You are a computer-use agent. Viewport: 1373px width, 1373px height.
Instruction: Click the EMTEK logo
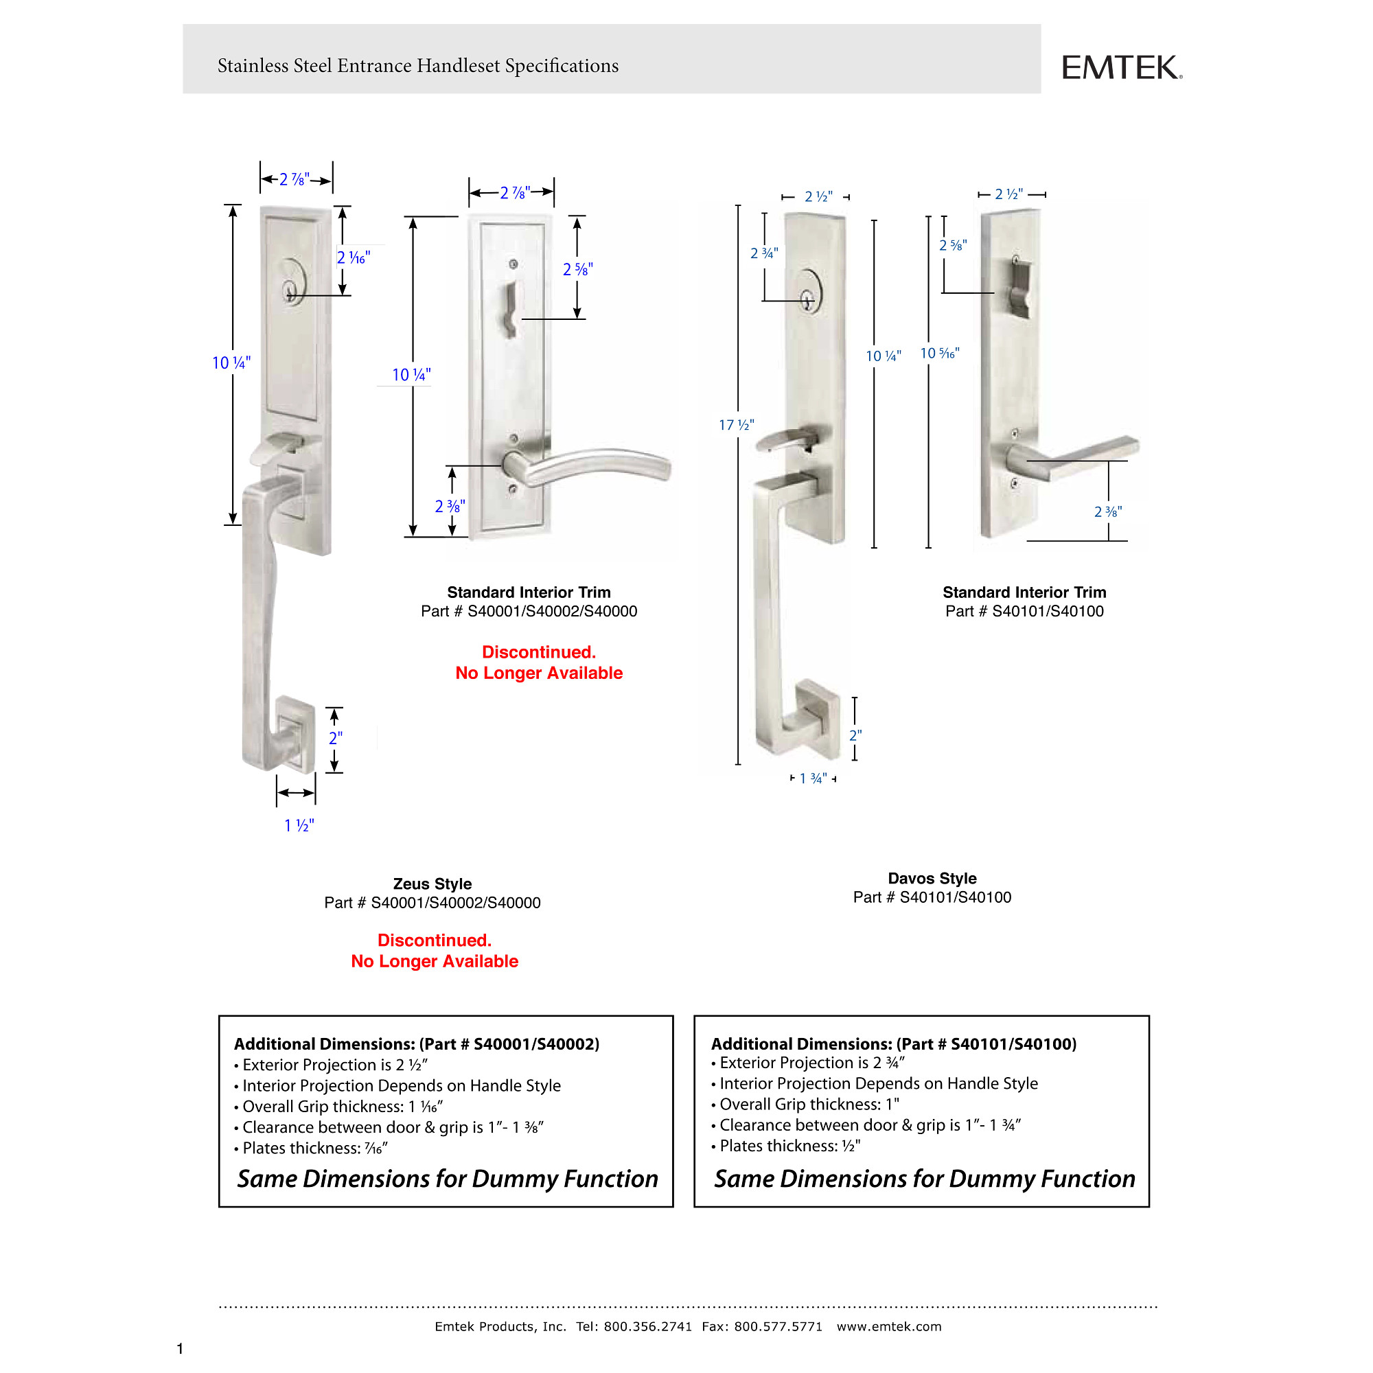tap(1121, 68)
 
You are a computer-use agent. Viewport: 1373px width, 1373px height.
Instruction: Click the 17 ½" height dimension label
tap(736, 425)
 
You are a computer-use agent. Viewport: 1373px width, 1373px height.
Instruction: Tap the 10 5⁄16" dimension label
tap(940, 353)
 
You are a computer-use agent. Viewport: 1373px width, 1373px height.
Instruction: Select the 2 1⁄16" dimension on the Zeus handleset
tap(353, 257)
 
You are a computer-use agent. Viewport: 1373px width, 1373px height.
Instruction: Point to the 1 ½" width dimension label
tap(299, 825)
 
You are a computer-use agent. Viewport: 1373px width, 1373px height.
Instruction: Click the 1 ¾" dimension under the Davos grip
tap(813, 778)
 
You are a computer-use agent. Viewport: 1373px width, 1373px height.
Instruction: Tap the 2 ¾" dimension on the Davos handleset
tap(764, 253)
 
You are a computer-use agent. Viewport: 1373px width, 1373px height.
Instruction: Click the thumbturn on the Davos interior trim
tap(1021, 288)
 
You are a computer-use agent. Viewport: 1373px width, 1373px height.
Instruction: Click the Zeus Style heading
tap(432, 884)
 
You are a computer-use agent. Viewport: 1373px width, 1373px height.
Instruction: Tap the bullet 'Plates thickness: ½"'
tap(789, 1146)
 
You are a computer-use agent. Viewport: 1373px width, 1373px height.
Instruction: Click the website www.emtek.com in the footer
tap(888, 1326)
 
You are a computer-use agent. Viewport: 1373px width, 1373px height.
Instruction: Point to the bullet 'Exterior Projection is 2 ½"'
tap(334, 1065)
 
